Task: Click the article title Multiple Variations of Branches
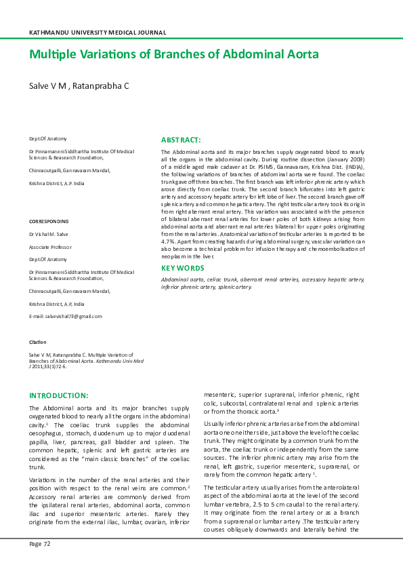pyautogui.click(x=173, y=54)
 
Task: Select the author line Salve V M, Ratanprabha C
pyautogui.click(x=79, y=86)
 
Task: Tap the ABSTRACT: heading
pyautogui.click(x=181, y=139)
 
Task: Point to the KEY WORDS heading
pyautogui.click(x=183, y=269)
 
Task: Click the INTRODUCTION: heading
pyautogui.click(x=68, y=395)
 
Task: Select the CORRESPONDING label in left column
pyautogui.click(x=49, y=222)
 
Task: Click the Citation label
pyautogui.click(x=37, y=342)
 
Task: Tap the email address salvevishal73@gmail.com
pyautogui.click(x=72, y=316)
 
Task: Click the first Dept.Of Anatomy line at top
pyautogui.click(x=47, y=138)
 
